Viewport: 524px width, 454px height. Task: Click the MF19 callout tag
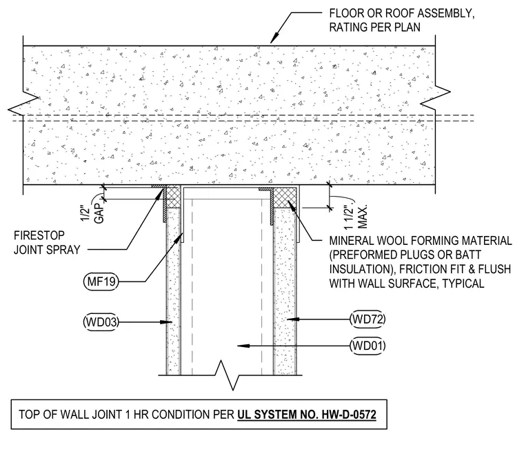pos(101,282)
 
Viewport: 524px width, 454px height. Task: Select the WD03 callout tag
pos(101,322)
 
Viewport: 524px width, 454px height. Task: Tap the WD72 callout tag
pos(367,319)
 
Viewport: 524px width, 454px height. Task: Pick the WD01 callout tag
pos(367,346)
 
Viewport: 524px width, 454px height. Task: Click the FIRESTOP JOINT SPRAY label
pos(47,242)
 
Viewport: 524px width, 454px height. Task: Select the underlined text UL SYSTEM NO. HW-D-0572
pos(307,415)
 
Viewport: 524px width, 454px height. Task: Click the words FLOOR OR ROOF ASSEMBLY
pos(402,13)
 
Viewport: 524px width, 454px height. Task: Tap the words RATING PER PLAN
pos(375,28)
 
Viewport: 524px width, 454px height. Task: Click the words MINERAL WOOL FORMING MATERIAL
pos(421,241)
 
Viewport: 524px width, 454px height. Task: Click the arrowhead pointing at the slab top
pos(274,39)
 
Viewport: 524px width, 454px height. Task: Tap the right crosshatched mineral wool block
pos(285,197)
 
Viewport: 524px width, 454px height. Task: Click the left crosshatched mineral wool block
pos(173,197)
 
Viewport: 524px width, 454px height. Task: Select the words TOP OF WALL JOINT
pos(70,415)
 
